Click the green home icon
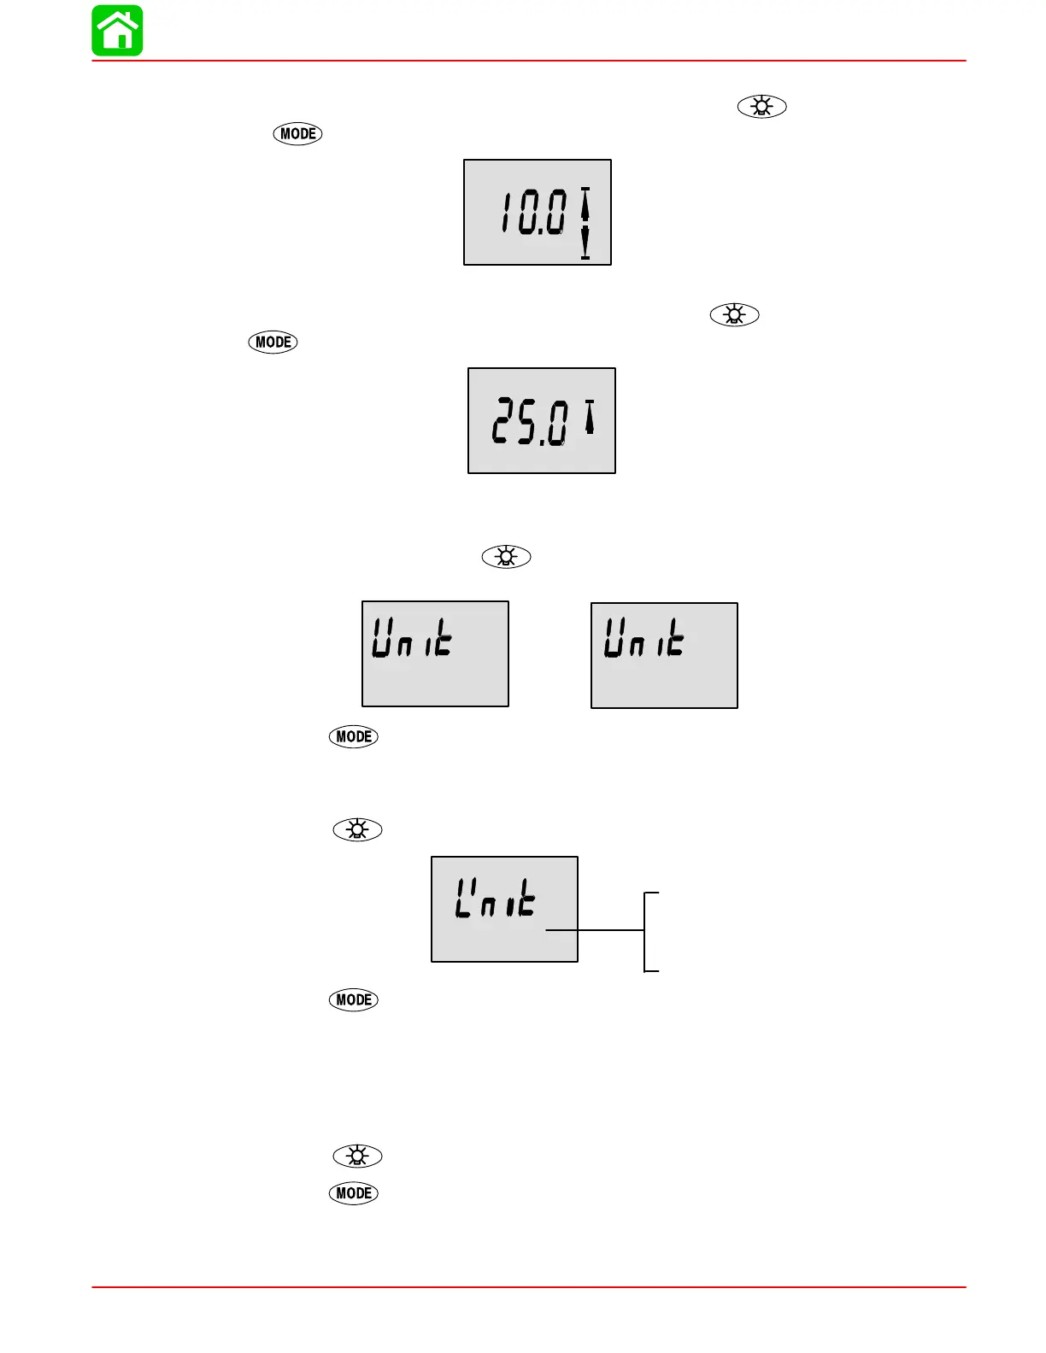click(118, 31)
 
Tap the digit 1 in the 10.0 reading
click(508, 213)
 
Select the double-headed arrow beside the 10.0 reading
click(585, 222)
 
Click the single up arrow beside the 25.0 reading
click(589, 417)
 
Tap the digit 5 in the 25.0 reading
click(527, 423)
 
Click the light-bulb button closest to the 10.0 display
click(761, 107)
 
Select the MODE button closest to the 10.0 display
click(297, 134)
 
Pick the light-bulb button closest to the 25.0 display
click(734, 315)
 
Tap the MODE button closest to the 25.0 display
click(273, 343)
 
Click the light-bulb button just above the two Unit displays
click(506, 558)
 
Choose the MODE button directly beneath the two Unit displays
click(353, 737)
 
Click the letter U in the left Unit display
click(382, 639)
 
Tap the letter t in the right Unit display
click(675, 639)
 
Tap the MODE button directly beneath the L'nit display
click(353, 1000)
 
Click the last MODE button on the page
click(353, 1193)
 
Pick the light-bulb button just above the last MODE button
click(357, 1157)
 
